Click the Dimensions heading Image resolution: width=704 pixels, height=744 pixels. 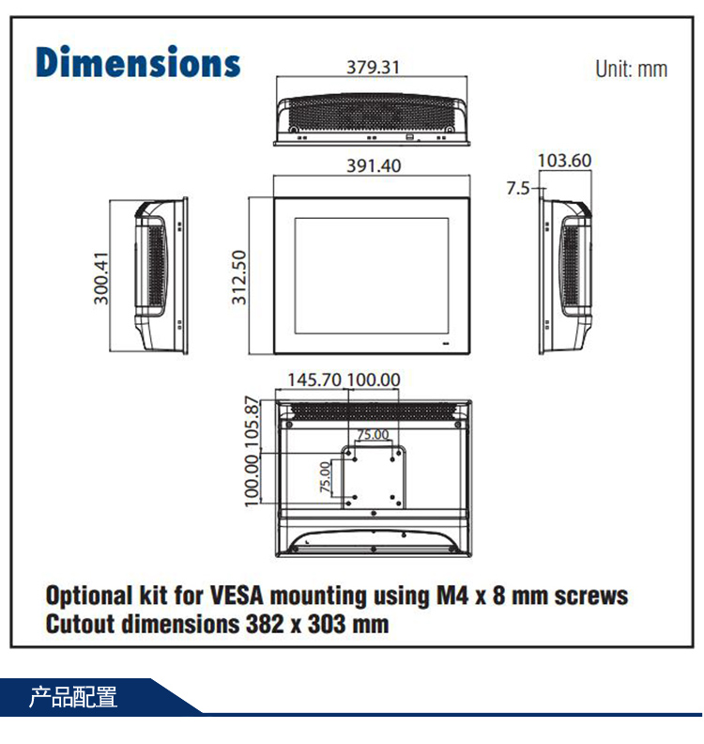point(138,62)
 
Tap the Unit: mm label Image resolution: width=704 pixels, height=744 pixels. point(631,69)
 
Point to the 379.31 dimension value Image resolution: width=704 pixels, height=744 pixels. point(373,67)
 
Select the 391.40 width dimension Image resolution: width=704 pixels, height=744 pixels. point(374,165)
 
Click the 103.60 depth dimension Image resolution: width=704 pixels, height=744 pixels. point(564,161)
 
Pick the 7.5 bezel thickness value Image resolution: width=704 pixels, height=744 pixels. point(518,188)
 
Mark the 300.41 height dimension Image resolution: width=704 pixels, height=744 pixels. point(101,276)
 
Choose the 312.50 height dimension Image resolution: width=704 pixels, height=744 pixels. point(239,277)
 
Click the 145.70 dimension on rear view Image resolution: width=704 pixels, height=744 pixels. point(314,380)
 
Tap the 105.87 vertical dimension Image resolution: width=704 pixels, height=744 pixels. point(252,424)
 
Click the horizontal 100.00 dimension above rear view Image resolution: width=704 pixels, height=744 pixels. point(374,380)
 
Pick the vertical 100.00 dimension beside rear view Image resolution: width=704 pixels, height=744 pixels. point(252,479)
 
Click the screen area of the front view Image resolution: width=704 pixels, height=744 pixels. point(373,274)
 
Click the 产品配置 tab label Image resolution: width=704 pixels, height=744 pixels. point(73,698)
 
